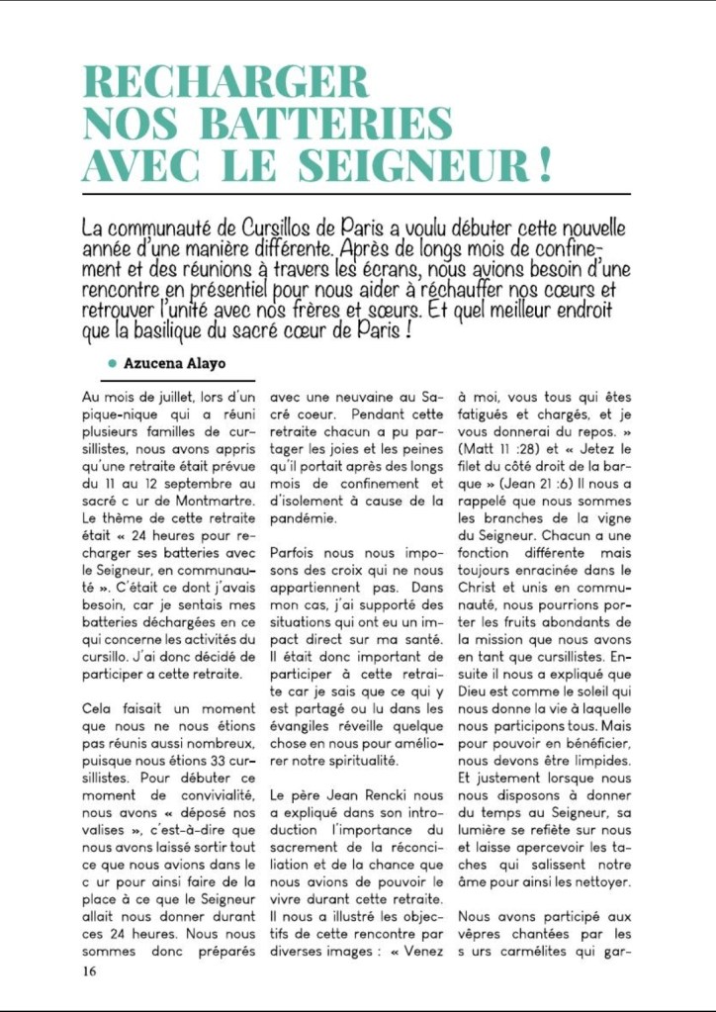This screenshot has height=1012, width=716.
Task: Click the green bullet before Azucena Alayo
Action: click(113, 363)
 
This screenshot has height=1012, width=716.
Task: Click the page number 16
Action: click(90, 970)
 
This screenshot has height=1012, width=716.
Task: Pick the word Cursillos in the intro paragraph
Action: click(288, 229)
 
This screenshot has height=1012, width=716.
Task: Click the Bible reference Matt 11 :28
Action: click(495, 449)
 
